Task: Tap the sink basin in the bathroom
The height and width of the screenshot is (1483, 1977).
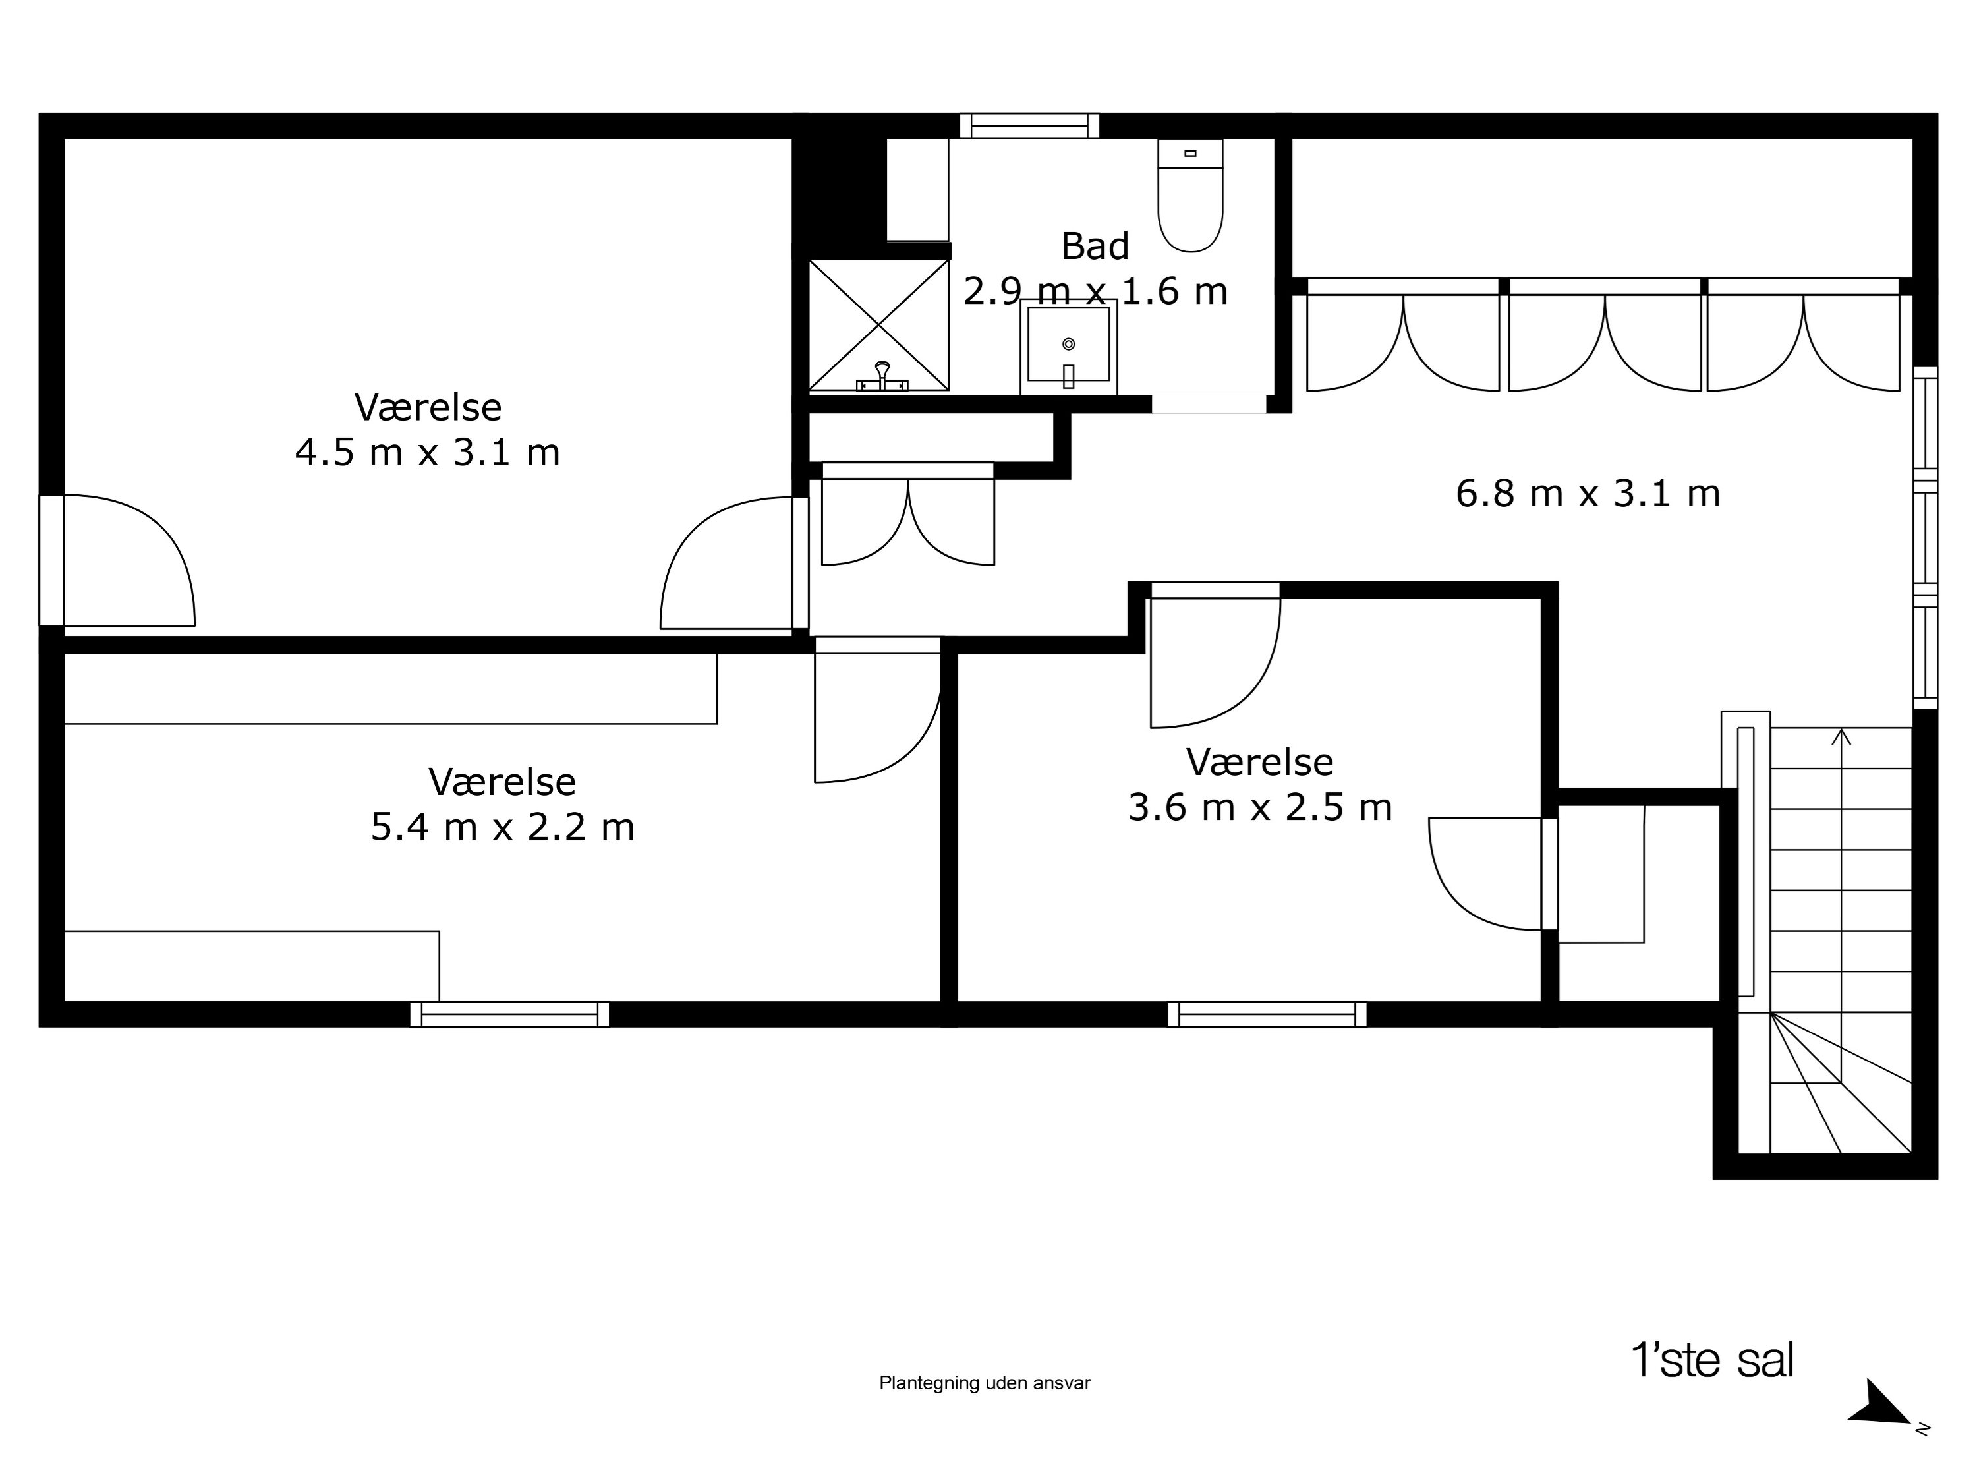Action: (1068, 344)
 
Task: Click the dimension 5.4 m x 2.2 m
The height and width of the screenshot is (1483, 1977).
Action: (502, 828)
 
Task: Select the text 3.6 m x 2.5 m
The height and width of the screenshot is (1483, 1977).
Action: (1259, 808)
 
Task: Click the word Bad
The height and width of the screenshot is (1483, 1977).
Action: (1095, 247)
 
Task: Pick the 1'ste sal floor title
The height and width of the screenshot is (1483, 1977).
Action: (1711, 1360)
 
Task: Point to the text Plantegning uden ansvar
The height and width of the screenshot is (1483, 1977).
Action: (984, 1383)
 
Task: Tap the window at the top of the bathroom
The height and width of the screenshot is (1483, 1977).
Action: (1029, 126)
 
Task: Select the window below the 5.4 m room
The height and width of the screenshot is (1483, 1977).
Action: (509, 1014)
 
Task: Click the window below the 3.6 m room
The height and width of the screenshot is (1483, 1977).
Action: (1267, 1014)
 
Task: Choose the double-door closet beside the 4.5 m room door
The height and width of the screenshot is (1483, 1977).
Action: (907, 519)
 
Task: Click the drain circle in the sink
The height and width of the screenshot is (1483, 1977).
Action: (1068, 344)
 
